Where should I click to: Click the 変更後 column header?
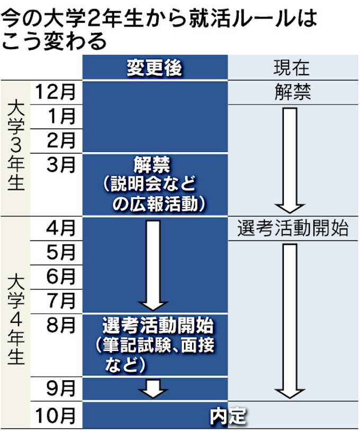click(x=155, y=68)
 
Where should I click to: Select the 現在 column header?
click(x=292, y=68)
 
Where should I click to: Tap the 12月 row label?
click(x=55, y=92)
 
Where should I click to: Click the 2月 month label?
click(x=61, y=140)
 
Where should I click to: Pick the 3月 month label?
click(x=61, y=165)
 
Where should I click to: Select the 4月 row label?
click(x=61, y=228)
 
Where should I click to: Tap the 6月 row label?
click(x=61, y=277)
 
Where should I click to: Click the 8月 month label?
click(x=61, y=325)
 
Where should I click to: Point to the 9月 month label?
click(x=61, y=389)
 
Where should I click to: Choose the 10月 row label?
click(x=55, y=416)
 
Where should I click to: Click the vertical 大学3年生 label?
click(x=16, y=147)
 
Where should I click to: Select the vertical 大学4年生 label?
click(x=16, y=320)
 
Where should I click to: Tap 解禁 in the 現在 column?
click(x=293, y=92)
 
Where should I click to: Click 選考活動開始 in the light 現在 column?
click(x=293, y=228)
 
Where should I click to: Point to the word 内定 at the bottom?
click(x=228, y=416)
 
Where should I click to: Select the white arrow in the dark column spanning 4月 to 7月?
click(x=153, y=266)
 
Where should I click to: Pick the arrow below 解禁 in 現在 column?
click(x=290, y=161)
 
